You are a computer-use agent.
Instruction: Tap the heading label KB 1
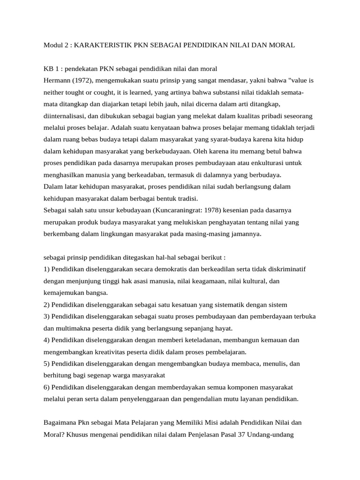coord(51,69)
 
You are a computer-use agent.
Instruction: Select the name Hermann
coord(58,80)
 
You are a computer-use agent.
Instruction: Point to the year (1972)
coord(84,80)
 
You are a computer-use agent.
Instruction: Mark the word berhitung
coord(59,375)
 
